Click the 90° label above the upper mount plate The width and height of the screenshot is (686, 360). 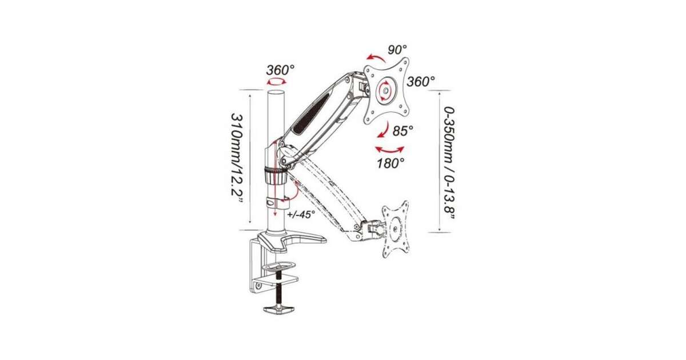point(397,50)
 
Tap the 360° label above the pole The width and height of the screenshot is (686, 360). point(280,70)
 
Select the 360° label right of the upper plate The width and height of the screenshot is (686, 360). point(421,82)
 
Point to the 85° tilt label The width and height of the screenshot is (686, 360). point(402,131)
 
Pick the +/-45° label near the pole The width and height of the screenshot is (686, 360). point(301,214)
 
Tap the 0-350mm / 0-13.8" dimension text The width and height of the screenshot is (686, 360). point(449,163)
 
